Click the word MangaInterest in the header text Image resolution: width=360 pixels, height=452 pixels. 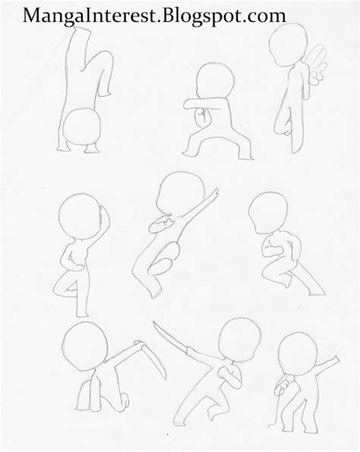[90, 17]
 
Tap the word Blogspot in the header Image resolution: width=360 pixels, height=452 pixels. [203, 17]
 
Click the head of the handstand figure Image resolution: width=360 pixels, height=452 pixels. [81, 126]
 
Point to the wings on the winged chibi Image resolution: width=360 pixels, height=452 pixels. [317, 62]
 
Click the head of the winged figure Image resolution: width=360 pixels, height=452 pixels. [289, 46]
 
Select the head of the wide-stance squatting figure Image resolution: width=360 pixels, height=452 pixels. [215, 81]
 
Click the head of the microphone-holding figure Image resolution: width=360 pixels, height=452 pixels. [298, 354]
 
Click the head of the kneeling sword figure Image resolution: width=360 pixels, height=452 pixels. [85, 346]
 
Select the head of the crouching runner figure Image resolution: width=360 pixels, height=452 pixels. [268, 213]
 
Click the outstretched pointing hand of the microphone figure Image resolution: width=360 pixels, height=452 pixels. [334, 360]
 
